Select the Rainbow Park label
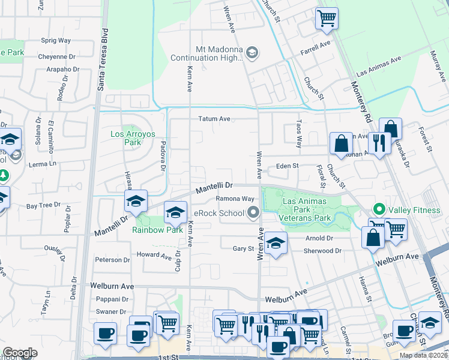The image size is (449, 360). [x=158, y=230]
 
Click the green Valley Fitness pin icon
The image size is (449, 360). [x=379, y=209]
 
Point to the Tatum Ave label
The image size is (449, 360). [x=215, y=119]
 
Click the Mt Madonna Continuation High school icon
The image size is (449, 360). [x=252, y=54]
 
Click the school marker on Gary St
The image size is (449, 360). [x=275, y=243]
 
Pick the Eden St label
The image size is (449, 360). [x=287, y=166]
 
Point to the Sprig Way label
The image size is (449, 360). [x=56, y=40]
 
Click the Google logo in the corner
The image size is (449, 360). [x=20, y=353]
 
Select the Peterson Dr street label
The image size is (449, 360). [x=112, y=260]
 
